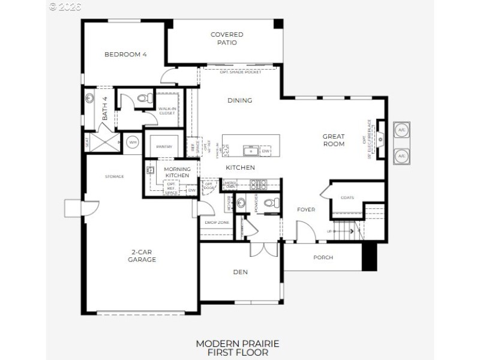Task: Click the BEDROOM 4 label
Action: pyautogui.click(x=125, y=55)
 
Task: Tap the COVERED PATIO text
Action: pyautogui.click(x=227, y=38)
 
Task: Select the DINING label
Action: pyautogui.click(x=239, y=100)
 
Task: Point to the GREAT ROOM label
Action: pyautogui.click(x=334, y=140)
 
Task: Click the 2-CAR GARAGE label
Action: pyautogui.click(x=142, y=256)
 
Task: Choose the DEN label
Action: pyautogui.click(x=241, y=272)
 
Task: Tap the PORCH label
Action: pyautogui.click(x=323, y=257)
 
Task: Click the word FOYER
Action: pyautogui.click(x=306, y=209)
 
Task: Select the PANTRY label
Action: pyautogui.click(x=164, y=146)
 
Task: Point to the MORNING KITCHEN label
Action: pyautogui.click(x=177, y=172)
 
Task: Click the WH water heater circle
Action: pyautogui.click(x=132, y=142)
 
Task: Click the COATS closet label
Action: pyautogui.click(x=347, y=197)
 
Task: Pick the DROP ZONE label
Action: pyautogui.click(x=217, y=223)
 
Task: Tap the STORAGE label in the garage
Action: pyautogui.click(x=114, y=176)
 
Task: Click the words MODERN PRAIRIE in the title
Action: pyautogui.click(x=237, y=343)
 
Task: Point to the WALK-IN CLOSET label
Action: pyautogui.click(x=167, y=110)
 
